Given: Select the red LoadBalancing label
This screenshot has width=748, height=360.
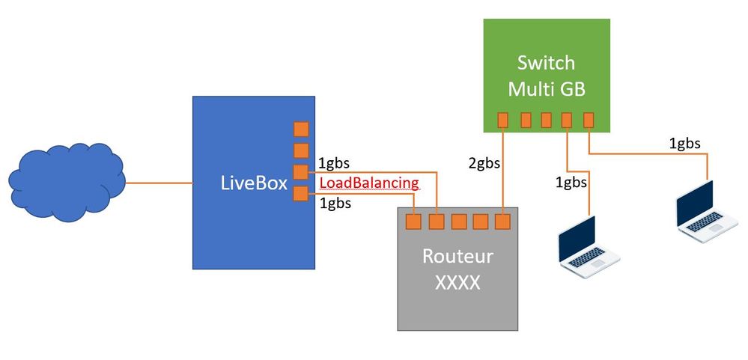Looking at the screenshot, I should click(368, 183).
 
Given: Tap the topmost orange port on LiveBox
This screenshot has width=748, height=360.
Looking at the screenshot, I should click(300, 128).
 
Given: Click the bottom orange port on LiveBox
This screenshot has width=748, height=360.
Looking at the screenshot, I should click(300, 194).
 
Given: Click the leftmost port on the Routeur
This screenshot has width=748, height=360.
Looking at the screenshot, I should click(412, 221).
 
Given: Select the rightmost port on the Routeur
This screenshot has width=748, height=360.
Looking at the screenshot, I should click(503, 221).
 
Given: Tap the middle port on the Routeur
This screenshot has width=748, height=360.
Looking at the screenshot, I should click(457, 221).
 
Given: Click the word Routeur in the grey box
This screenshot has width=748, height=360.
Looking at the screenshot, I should click(457, 257).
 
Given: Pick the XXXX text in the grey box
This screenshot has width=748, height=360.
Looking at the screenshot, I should click(457, 284).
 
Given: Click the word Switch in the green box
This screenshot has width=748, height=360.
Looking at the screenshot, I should click(547, 62).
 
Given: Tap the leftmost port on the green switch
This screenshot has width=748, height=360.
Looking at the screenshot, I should click(503, 119).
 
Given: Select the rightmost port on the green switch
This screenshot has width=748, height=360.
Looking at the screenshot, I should click(589, 119).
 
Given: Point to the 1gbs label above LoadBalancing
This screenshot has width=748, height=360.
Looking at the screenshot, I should click(333, 163).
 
